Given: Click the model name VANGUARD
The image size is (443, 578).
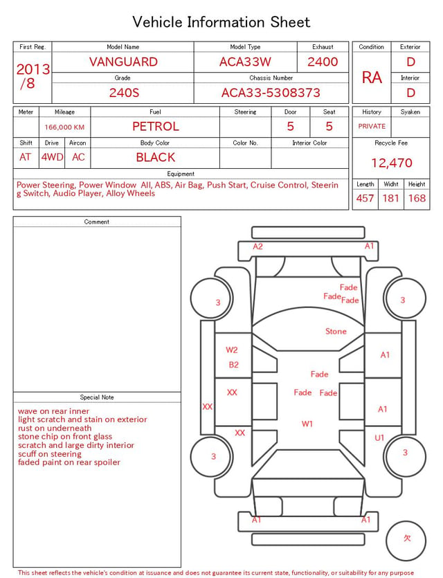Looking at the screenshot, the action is pyautogui.click(x=123, y=62).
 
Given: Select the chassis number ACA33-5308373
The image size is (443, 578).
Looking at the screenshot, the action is pyautogui.click(x=271, y=93).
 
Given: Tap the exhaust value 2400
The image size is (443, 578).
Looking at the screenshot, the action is pyautogui.click(x=323, y=62).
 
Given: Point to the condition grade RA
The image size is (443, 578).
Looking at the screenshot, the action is pyautogui.click(x=372, y=78).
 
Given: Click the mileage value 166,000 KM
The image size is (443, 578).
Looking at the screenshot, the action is pyautogui.click(x=64, y=127).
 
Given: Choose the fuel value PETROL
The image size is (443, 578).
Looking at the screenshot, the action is pyautogui.click(x=156, y=127).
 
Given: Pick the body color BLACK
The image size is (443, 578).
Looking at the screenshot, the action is pyautogui.click(x=156, y=157).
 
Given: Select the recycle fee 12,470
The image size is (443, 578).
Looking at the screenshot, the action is pyautogui.click(x=391, y=163).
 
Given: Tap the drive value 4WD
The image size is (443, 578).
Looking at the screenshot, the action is pyautogui.click(x=52, y=157).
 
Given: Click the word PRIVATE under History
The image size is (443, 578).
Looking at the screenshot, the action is pyautogui.click(x=372, y=126).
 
